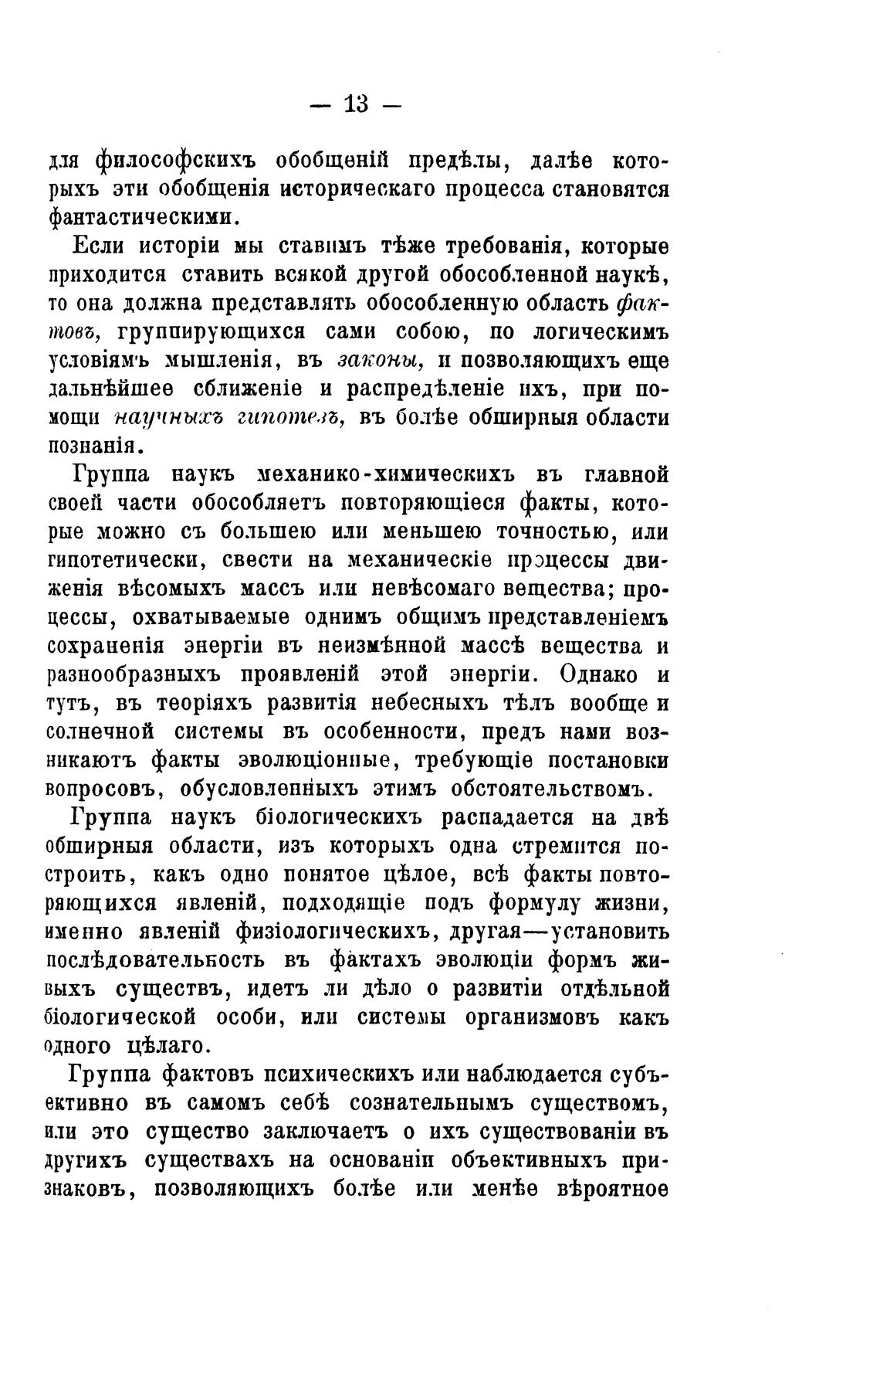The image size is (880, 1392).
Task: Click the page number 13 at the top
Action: coord(356,104)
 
